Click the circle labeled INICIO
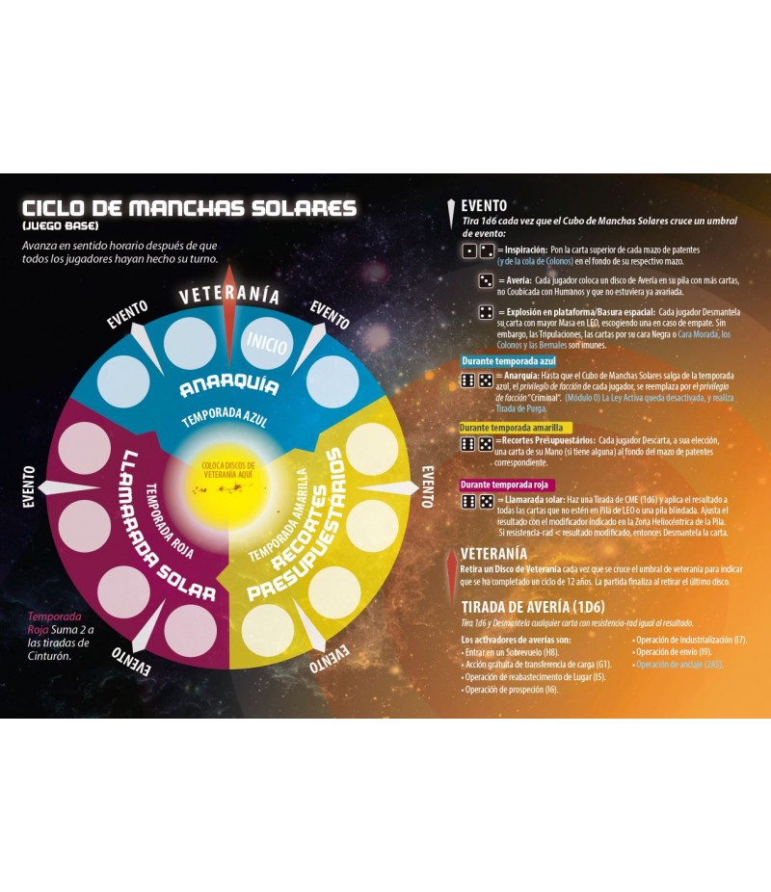[267, 341]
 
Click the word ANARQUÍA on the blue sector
[228, 386]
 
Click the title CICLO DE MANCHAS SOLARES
[189, 209]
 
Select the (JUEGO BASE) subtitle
[61, 225]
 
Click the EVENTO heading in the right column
[484, 205]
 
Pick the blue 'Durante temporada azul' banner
[509, 361]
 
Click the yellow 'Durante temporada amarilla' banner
[516, 428]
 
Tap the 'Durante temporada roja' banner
[508, 485]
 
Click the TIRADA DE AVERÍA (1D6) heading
[532, 607]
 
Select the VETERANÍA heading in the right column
[493, 554]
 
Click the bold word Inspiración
[526, 249]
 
